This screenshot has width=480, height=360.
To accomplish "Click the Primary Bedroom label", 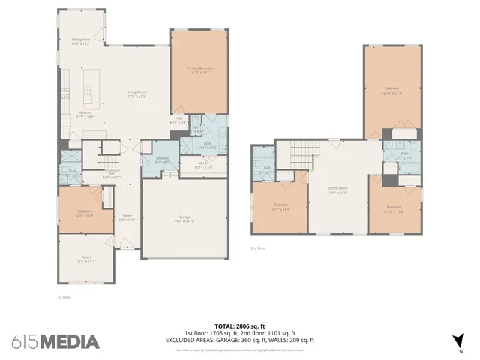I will coord(200,70).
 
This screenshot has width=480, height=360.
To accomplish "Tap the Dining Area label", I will coord(80,42).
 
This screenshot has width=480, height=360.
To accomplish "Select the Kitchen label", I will coord(85,115).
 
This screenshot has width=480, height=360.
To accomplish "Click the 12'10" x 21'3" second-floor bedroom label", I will coord(392,90).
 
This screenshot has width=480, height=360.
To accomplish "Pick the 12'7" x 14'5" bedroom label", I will coord(281,206).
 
